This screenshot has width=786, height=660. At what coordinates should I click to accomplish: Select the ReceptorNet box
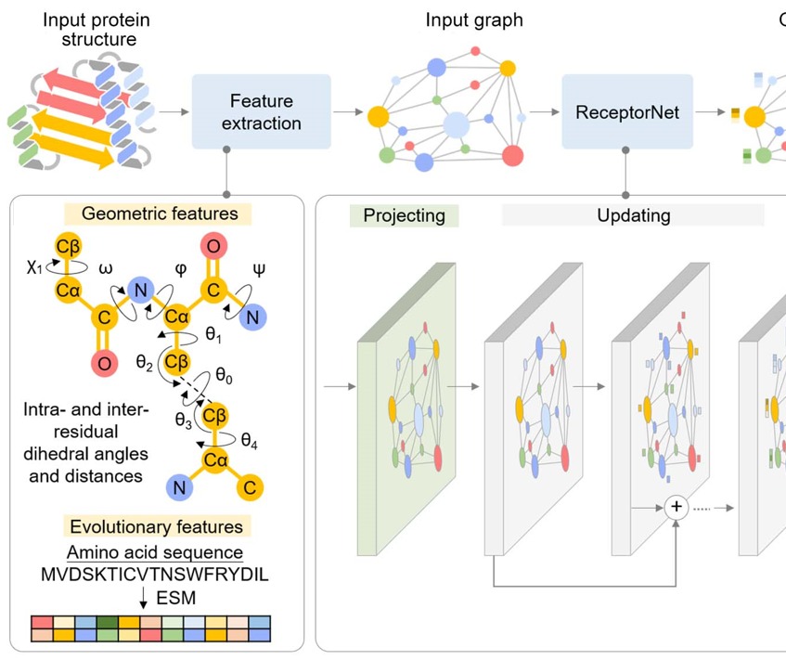click(x=627, y=112)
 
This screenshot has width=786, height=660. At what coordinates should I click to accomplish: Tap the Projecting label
click(x=404, y=216)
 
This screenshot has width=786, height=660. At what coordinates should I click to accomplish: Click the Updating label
click(x=632, y=216)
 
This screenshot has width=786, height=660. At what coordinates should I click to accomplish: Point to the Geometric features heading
click(x=160, y=214)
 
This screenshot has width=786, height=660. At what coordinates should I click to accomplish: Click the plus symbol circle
click(x=676, y=507)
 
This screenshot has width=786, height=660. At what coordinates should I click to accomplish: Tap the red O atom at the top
click(x=213, y=247)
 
